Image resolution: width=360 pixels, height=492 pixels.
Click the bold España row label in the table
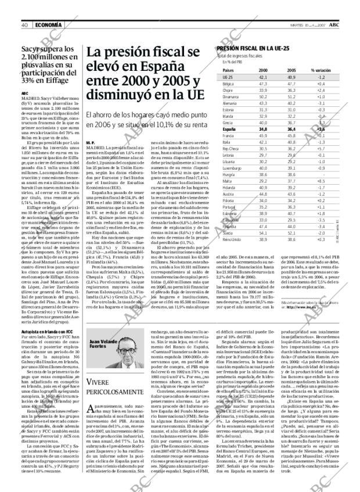coord(229,129)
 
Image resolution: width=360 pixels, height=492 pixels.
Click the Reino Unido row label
coord(232,239)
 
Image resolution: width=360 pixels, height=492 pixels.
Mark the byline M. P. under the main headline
coord(90,142)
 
